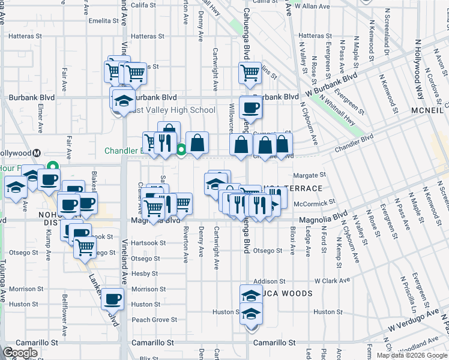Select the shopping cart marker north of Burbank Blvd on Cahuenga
250,73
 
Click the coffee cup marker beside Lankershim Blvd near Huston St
112,298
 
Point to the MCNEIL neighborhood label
428,112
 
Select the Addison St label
268,281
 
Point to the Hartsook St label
148,243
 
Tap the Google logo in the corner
20,352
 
